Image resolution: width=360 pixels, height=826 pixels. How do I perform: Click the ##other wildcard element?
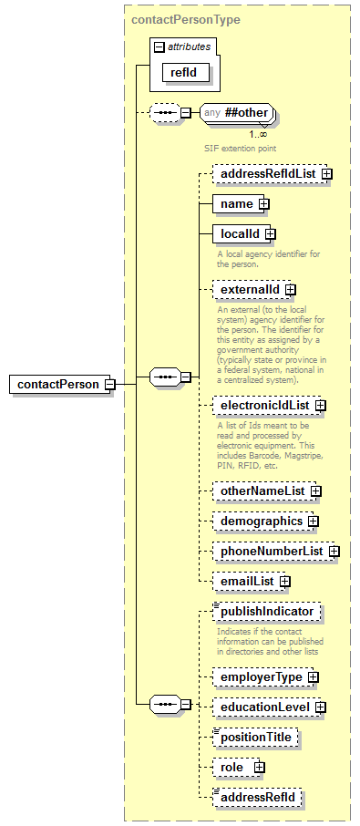pyautogui.click(x=240, y=113)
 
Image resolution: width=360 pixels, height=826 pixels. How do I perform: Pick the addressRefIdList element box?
pyautogui.click(x=264, y=173)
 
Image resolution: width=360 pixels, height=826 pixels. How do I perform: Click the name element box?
pyautogui.click(x=237, y=204)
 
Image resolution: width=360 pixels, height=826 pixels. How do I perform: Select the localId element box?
pyautogui.click(x=239, y=234)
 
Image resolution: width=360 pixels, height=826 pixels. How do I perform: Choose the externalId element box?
pyautogui.click(x=249, y=290)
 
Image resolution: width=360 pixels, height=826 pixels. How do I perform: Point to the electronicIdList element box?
pyautogui.click(x=263, y=405)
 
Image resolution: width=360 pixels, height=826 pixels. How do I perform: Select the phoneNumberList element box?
pyautogui.click(x=270, y=552)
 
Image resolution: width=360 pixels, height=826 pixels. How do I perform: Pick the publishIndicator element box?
pyautogui.click(x=267, y=612)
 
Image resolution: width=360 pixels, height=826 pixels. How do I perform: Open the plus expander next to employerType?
pyautogui.click(x=312, y=677)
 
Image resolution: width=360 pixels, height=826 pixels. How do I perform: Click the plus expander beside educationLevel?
pyautogui.click(x=321, y=707)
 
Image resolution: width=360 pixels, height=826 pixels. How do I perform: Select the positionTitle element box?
pyautogui.click(x=258, y=737)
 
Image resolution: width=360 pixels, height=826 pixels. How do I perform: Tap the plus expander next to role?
pyautogui.click(x=259, y=768)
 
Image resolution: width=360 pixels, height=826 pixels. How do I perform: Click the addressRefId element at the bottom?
pyautogui.click(x=258, y=798)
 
